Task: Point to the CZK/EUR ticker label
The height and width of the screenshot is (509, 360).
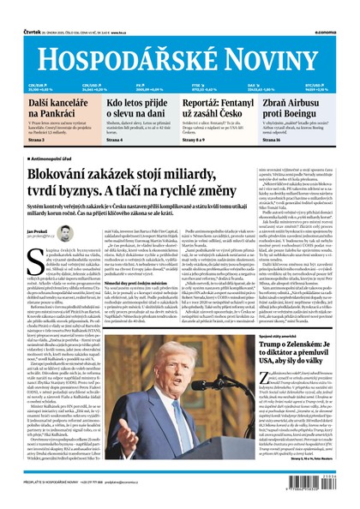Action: tap(36, 84)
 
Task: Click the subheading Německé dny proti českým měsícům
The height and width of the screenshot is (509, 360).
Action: tap(147, 282)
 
